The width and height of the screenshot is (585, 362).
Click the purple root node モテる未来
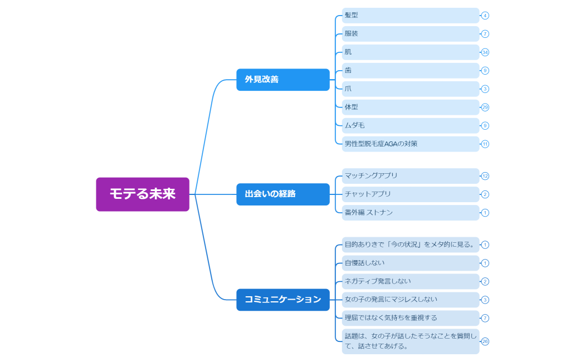tap(143, 194)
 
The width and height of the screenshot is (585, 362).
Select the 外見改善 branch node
tap(283, 80)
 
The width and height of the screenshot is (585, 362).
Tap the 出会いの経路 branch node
tap(283, 194)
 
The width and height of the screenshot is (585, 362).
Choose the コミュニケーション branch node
tap(283, 300)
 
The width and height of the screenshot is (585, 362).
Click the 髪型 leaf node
tap(411, 16)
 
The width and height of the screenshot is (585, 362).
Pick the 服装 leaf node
tap(411, 34)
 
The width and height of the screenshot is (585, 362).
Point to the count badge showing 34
tap(485, 52)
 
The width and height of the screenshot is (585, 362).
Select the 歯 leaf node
tap(411, 71)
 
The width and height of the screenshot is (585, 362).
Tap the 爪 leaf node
tap(411, 89)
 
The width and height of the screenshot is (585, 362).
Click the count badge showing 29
tap(485, 107)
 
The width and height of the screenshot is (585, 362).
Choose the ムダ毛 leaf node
tap(411, 126)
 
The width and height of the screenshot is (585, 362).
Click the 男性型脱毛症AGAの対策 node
tap(411, 144)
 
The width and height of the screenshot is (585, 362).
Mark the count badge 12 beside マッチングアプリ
tap(485, 176)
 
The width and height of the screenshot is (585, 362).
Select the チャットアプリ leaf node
tap(411, 194)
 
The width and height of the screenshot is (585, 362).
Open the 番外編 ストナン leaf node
tap(411, 213)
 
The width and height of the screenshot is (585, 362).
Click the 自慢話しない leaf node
tap(411, 263)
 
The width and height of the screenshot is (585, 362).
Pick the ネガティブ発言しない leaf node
tap(411, 281)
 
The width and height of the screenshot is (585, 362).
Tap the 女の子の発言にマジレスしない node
tap(411, 300)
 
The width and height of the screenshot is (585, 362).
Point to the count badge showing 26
tap(485, 341)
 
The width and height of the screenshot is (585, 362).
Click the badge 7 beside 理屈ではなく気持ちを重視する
tap(485, 318)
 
